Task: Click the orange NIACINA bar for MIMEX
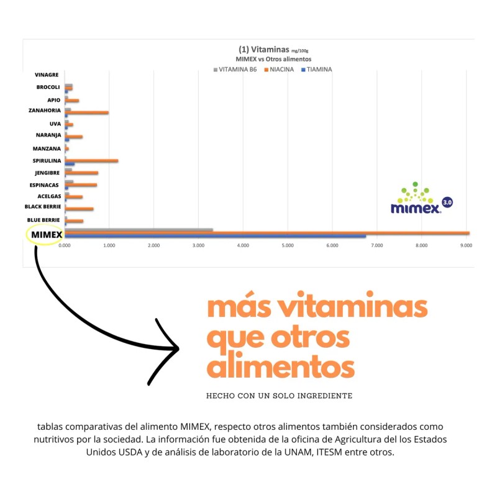point(267,233)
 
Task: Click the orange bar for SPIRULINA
point(91,161)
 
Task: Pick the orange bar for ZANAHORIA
point(86,112)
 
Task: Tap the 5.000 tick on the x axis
point(287,245)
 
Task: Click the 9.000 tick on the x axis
point(465,245)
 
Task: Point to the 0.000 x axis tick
point(65,245)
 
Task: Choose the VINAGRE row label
point(48,75)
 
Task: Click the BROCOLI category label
point(48,87)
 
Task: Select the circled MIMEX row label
point(47,235)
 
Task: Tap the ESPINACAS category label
point(45,185)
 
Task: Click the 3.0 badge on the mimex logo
point(447,203)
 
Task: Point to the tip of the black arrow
point(178,349)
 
